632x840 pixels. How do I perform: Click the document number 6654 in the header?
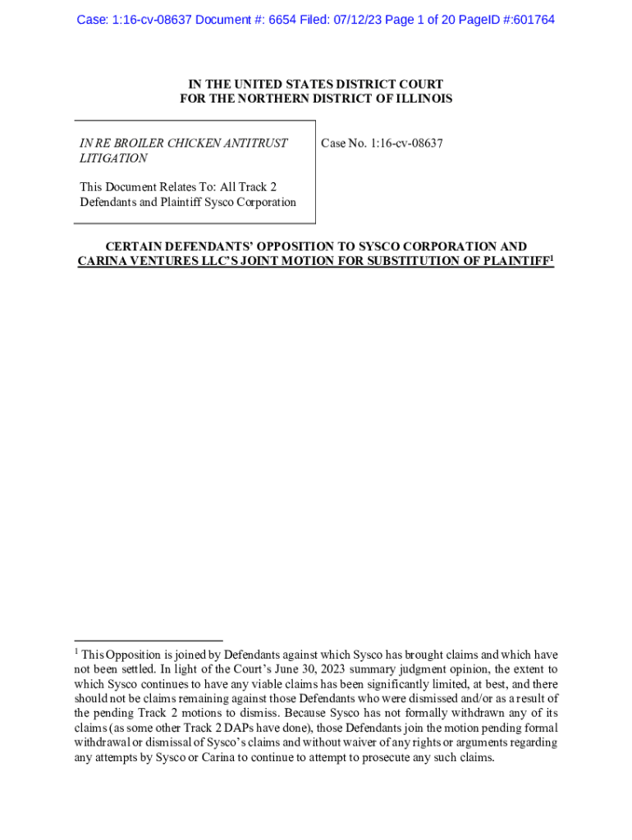(284, 19)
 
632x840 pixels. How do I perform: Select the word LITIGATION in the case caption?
(113, 158)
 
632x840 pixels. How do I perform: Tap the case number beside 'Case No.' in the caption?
(406, 144)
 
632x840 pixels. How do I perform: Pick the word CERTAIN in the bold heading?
(134, 246)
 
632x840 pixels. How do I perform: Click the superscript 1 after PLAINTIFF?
(552, 258)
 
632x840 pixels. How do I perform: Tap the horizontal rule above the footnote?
(148, 640)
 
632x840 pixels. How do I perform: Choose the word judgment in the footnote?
(394, 669)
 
